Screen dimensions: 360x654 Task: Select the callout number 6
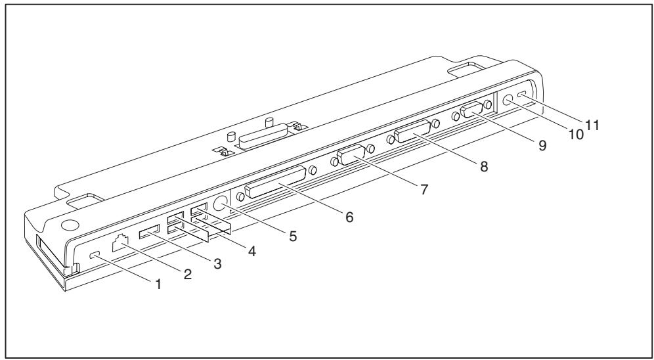350,217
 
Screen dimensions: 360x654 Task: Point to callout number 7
425,189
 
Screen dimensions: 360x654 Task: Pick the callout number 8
484,167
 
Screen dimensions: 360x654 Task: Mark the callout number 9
542,146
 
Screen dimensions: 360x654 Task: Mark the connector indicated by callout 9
471,110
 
